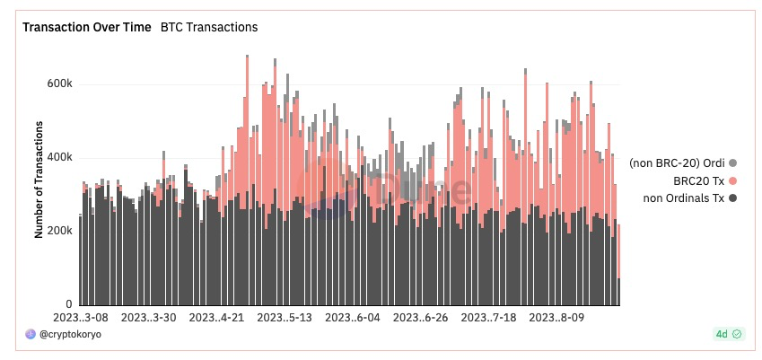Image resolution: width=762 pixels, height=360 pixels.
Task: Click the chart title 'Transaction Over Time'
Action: (x=87, y=27)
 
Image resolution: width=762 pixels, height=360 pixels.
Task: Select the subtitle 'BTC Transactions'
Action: (x=209, y=27)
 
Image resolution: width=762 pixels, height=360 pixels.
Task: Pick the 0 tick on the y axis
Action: (x=69, y=304)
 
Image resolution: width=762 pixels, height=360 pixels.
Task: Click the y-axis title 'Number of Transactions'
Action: (x=39, y=180)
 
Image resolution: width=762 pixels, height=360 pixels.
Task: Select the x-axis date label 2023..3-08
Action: (x=81, y=318)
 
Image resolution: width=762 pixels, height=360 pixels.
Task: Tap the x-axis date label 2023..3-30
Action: (x=149, y=318)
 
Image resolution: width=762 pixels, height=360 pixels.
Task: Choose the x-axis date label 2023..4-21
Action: (x=217, y=318)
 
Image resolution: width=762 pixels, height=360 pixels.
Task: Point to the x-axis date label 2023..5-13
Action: (x=285, y=318)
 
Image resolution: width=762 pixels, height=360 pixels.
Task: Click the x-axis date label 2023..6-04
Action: (x=354, y=318)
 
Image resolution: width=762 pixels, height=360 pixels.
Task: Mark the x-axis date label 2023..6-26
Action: (x=421, y=318)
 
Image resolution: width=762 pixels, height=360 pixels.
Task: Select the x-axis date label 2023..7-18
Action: (x=489, y=318)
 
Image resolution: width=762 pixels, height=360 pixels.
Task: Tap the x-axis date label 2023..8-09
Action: (x=557, y=318)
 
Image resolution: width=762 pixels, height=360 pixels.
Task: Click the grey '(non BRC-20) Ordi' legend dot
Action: (x=733, y=163)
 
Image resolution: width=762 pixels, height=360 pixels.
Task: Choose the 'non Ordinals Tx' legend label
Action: (x=684, y=198)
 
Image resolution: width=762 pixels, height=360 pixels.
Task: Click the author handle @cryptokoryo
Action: (x=71, y=334)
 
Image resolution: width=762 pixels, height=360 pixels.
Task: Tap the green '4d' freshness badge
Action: (x=729, y=334)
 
